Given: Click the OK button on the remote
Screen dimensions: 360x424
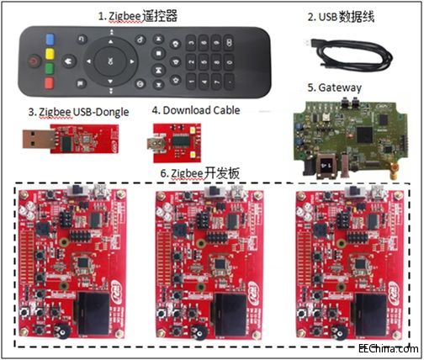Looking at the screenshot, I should [x=110, y=61].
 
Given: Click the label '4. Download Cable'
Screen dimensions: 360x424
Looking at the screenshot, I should [x=195, y=109].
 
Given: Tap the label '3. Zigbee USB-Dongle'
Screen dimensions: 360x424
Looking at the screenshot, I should [x=73, y=109].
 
